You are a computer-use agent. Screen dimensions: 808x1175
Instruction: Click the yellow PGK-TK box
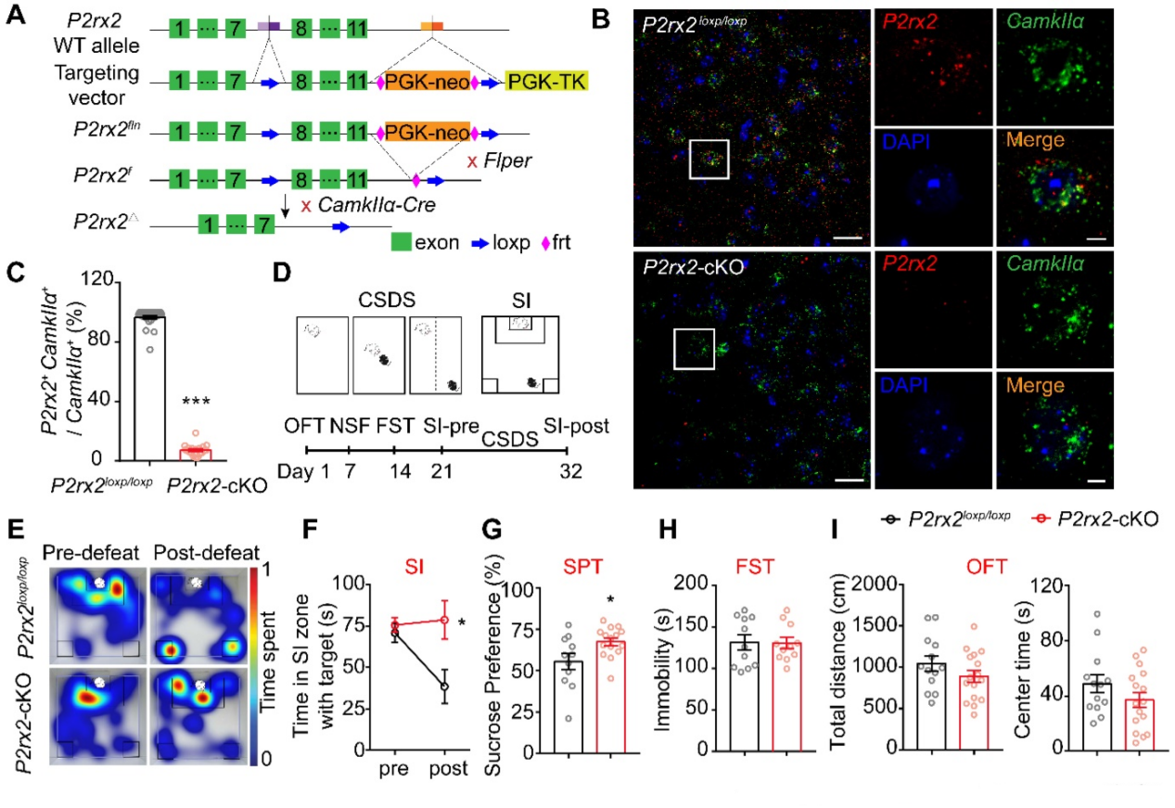tap(547, 83)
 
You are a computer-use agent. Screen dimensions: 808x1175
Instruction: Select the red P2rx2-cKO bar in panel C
tap(196, 454)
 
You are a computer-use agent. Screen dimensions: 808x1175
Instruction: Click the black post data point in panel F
tap(444, 686)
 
